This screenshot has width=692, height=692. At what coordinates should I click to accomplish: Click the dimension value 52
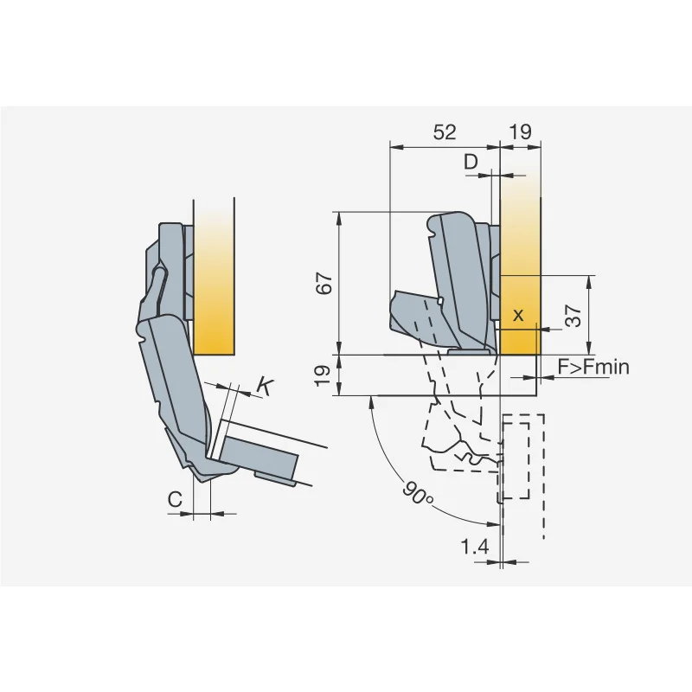point(445,132)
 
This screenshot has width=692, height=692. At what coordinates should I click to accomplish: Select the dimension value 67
point(324,284)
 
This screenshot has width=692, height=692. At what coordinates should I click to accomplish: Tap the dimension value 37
point(573,315)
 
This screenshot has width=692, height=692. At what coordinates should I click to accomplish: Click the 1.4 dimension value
point(475,548)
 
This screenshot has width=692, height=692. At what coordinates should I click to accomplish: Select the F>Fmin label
point(593,367)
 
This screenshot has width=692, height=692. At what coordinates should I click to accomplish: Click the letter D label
point(471,162)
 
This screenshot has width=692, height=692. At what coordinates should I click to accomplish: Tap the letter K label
point(264,387)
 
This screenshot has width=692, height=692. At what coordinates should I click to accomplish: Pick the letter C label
point(176,500)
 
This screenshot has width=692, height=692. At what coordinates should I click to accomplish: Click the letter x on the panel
point(518,315)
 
